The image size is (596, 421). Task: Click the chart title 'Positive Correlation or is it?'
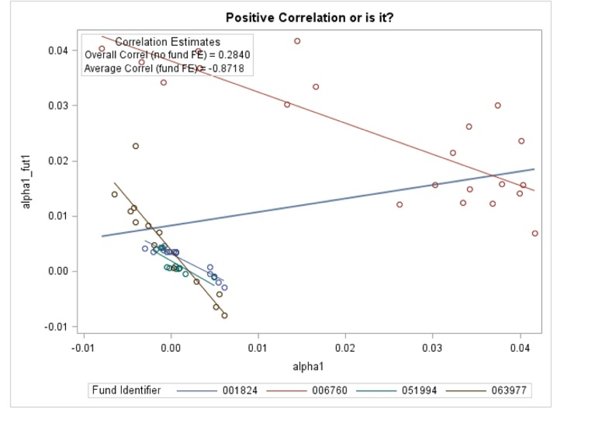(x=310, y=18)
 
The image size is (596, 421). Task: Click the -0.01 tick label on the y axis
(x=65, y=327)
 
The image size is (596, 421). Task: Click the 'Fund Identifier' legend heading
(x=127, y=391)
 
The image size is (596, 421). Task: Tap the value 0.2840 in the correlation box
(x=234, y=55)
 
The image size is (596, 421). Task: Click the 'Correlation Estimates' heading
(x=167, y=42)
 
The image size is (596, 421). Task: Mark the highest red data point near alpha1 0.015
(x=297, y=41)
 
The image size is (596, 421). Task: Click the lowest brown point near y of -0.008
(x=224, y=316)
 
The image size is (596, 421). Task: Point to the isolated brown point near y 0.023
(x=136, y=146)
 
